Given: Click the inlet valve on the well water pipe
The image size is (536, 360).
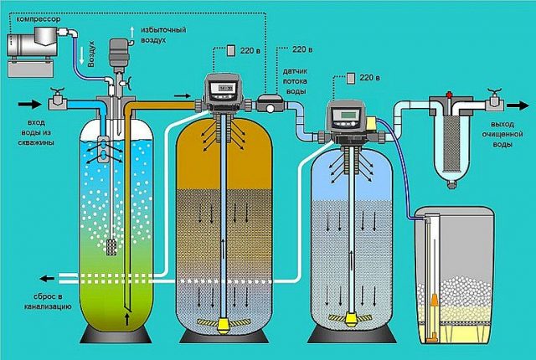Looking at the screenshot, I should tap(56, 102).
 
